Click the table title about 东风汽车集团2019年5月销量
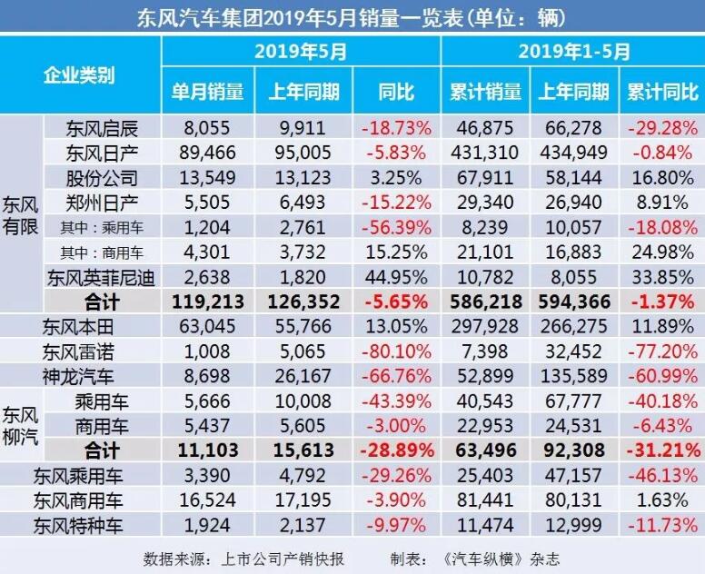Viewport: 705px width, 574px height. click(x=352, y=16)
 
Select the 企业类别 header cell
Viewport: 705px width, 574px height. click(x=80, y=75)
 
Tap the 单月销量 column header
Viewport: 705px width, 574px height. click(x=208, y=92)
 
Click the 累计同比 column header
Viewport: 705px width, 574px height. click(x=663, y=92)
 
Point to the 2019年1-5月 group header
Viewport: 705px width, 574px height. click(x=573, y=52)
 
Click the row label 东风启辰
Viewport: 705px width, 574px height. click(x=102, y=128)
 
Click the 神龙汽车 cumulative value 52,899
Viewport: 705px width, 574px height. click(x=486, y=374)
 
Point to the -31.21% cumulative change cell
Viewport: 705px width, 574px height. click(x=663, y=449)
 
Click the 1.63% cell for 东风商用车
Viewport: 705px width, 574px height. click(x=663, y=499)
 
